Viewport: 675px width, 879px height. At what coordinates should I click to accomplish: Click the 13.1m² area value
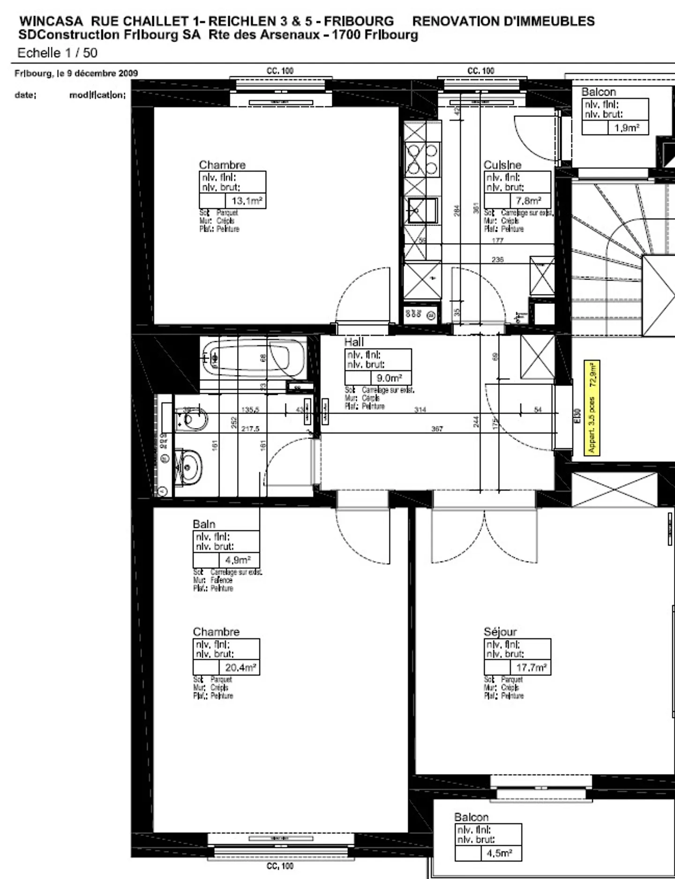pos(247,201)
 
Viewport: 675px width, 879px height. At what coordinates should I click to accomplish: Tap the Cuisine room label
pos(502,165)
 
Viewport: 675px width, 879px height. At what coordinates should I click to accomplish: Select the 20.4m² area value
pos(240,667)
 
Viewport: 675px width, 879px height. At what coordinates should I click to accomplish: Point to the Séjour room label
pos(500,632)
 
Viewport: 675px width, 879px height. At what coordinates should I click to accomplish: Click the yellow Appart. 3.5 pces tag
pos(592,407)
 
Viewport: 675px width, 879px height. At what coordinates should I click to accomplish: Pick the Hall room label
pos(354,342)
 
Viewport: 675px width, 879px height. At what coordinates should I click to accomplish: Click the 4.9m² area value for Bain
pos(238,560)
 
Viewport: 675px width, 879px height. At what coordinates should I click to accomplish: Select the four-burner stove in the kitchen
pos(422,159)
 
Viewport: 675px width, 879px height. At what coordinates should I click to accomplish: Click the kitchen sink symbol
pos(422,210)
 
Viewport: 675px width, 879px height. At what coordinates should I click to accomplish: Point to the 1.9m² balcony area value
pos(627,128)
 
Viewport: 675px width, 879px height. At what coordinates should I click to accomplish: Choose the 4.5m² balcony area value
pos(499,853)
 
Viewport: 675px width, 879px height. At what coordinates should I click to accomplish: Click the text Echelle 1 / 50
pos(57,53)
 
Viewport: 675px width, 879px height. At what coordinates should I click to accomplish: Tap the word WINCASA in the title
pos(51,21)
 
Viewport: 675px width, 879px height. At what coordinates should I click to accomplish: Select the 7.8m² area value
pos(528,201)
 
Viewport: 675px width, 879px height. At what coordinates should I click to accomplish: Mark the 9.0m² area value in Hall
pos(389,378)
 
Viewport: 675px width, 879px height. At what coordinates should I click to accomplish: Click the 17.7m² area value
pos(531,667)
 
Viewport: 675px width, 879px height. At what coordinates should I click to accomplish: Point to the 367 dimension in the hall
pos(437,428)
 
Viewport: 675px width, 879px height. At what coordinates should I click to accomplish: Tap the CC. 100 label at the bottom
pos(280,866)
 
